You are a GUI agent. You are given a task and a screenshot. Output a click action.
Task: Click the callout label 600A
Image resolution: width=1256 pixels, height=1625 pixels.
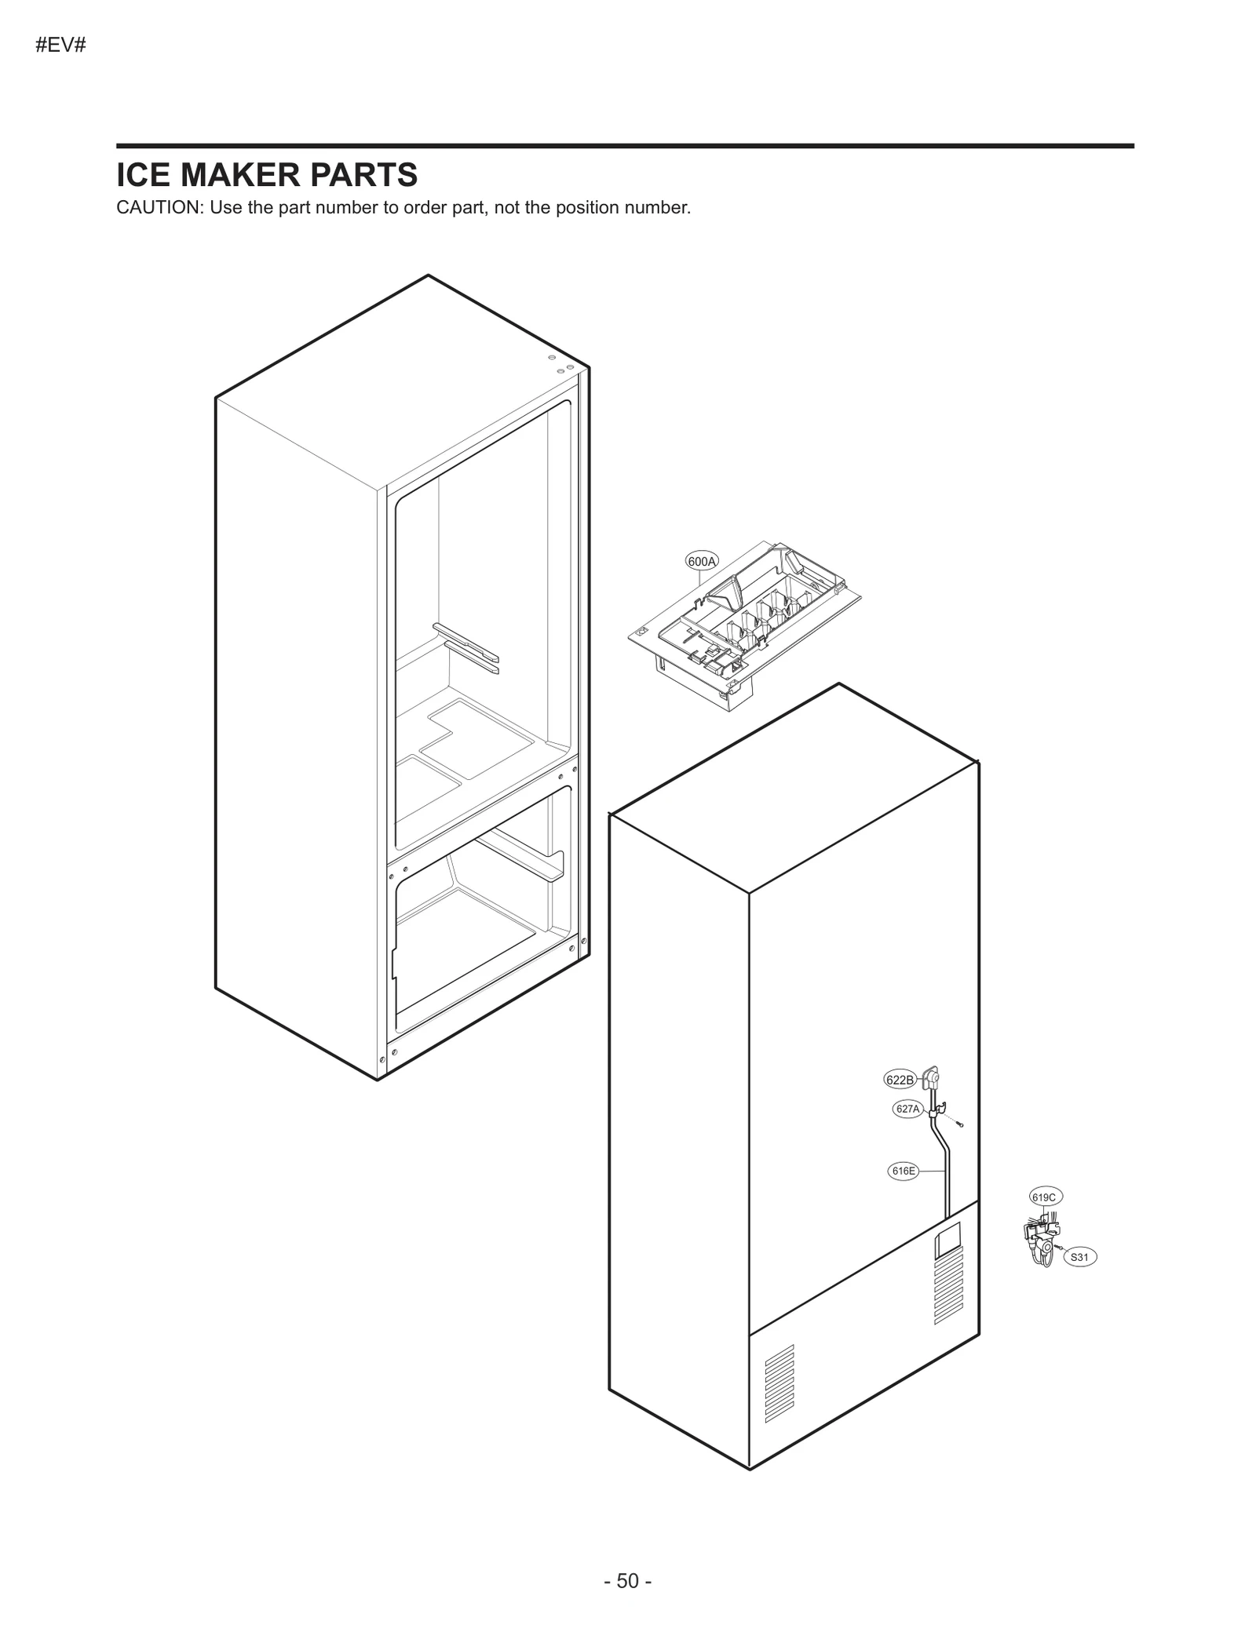701,561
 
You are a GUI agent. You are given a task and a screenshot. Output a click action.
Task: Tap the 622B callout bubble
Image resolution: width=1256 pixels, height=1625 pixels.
900,1080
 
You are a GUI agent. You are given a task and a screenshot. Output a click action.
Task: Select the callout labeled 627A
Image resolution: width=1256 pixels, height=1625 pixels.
907,1109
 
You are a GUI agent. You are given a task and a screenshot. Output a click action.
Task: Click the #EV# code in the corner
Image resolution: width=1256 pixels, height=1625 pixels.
60,46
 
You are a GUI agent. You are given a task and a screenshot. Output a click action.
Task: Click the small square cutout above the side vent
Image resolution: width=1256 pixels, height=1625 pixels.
947,1237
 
